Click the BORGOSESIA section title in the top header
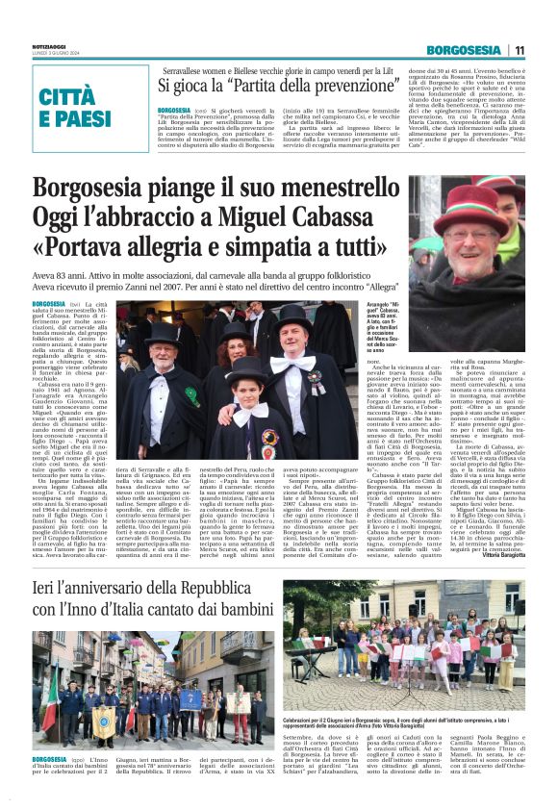(465, 50)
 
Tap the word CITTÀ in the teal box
(76, 97)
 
